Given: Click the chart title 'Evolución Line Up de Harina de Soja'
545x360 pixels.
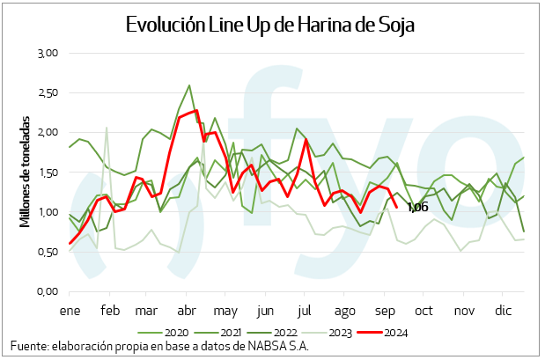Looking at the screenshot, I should (x=270, y=25).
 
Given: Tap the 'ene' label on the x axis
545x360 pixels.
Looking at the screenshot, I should (x=70, y=311).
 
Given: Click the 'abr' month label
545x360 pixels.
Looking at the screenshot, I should (x=187, y=311).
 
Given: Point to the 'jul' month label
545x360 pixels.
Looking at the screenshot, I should (x=305, y=311).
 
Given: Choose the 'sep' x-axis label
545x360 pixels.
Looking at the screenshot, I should (x=384, y=311).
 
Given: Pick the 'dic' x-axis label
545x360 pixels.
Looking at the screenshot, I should (x=504, y=311).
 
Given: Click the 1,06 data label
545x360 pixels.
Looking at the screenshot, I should (x=417, y=208).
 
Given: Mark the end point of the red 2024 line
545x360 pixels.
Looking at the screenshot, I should (x=397, y=208).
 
